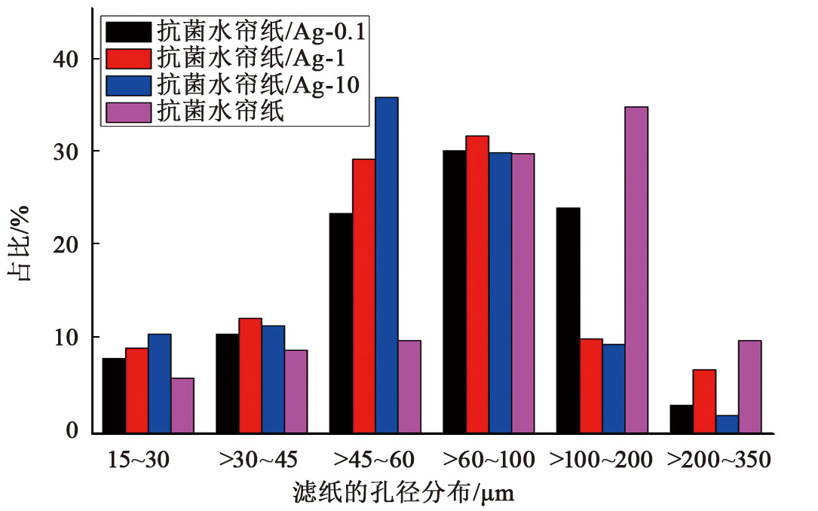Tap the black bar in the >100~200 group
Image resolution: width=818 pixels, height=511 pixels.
pyautogui.click(x=568, y=320)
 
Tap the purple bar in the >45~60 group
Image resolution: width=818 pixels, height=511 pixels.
pyautogui.click(x=409, y=387)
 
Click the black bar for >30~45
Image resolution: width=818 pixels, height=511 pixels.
pyautogui.click(x=227, y=384)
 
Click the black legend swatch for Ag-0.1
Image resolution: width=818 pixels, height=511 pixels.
pyautogui.click(x=129, y=32)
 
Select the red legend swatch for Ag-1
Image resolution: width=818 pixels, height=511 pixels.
pyautogui.click(x=129, y=58)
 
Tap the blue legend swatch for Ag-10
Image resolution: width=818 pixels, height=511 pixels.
pyautogui.click(x=129, y=84)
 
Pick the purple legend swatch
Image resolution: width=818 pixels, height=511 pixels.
pyautogui.click(x=129, y=110)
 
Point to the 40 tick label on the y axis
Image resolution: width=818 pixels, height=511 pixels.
pyautogui.click(x=67, y=59)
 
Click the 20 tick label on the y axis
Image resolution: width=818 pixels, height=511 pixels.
pyautogui.click(x=67, y=244)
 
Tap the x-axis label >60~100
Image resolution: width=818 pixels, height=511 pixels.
pyautogui.click(x=489, y=459)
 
